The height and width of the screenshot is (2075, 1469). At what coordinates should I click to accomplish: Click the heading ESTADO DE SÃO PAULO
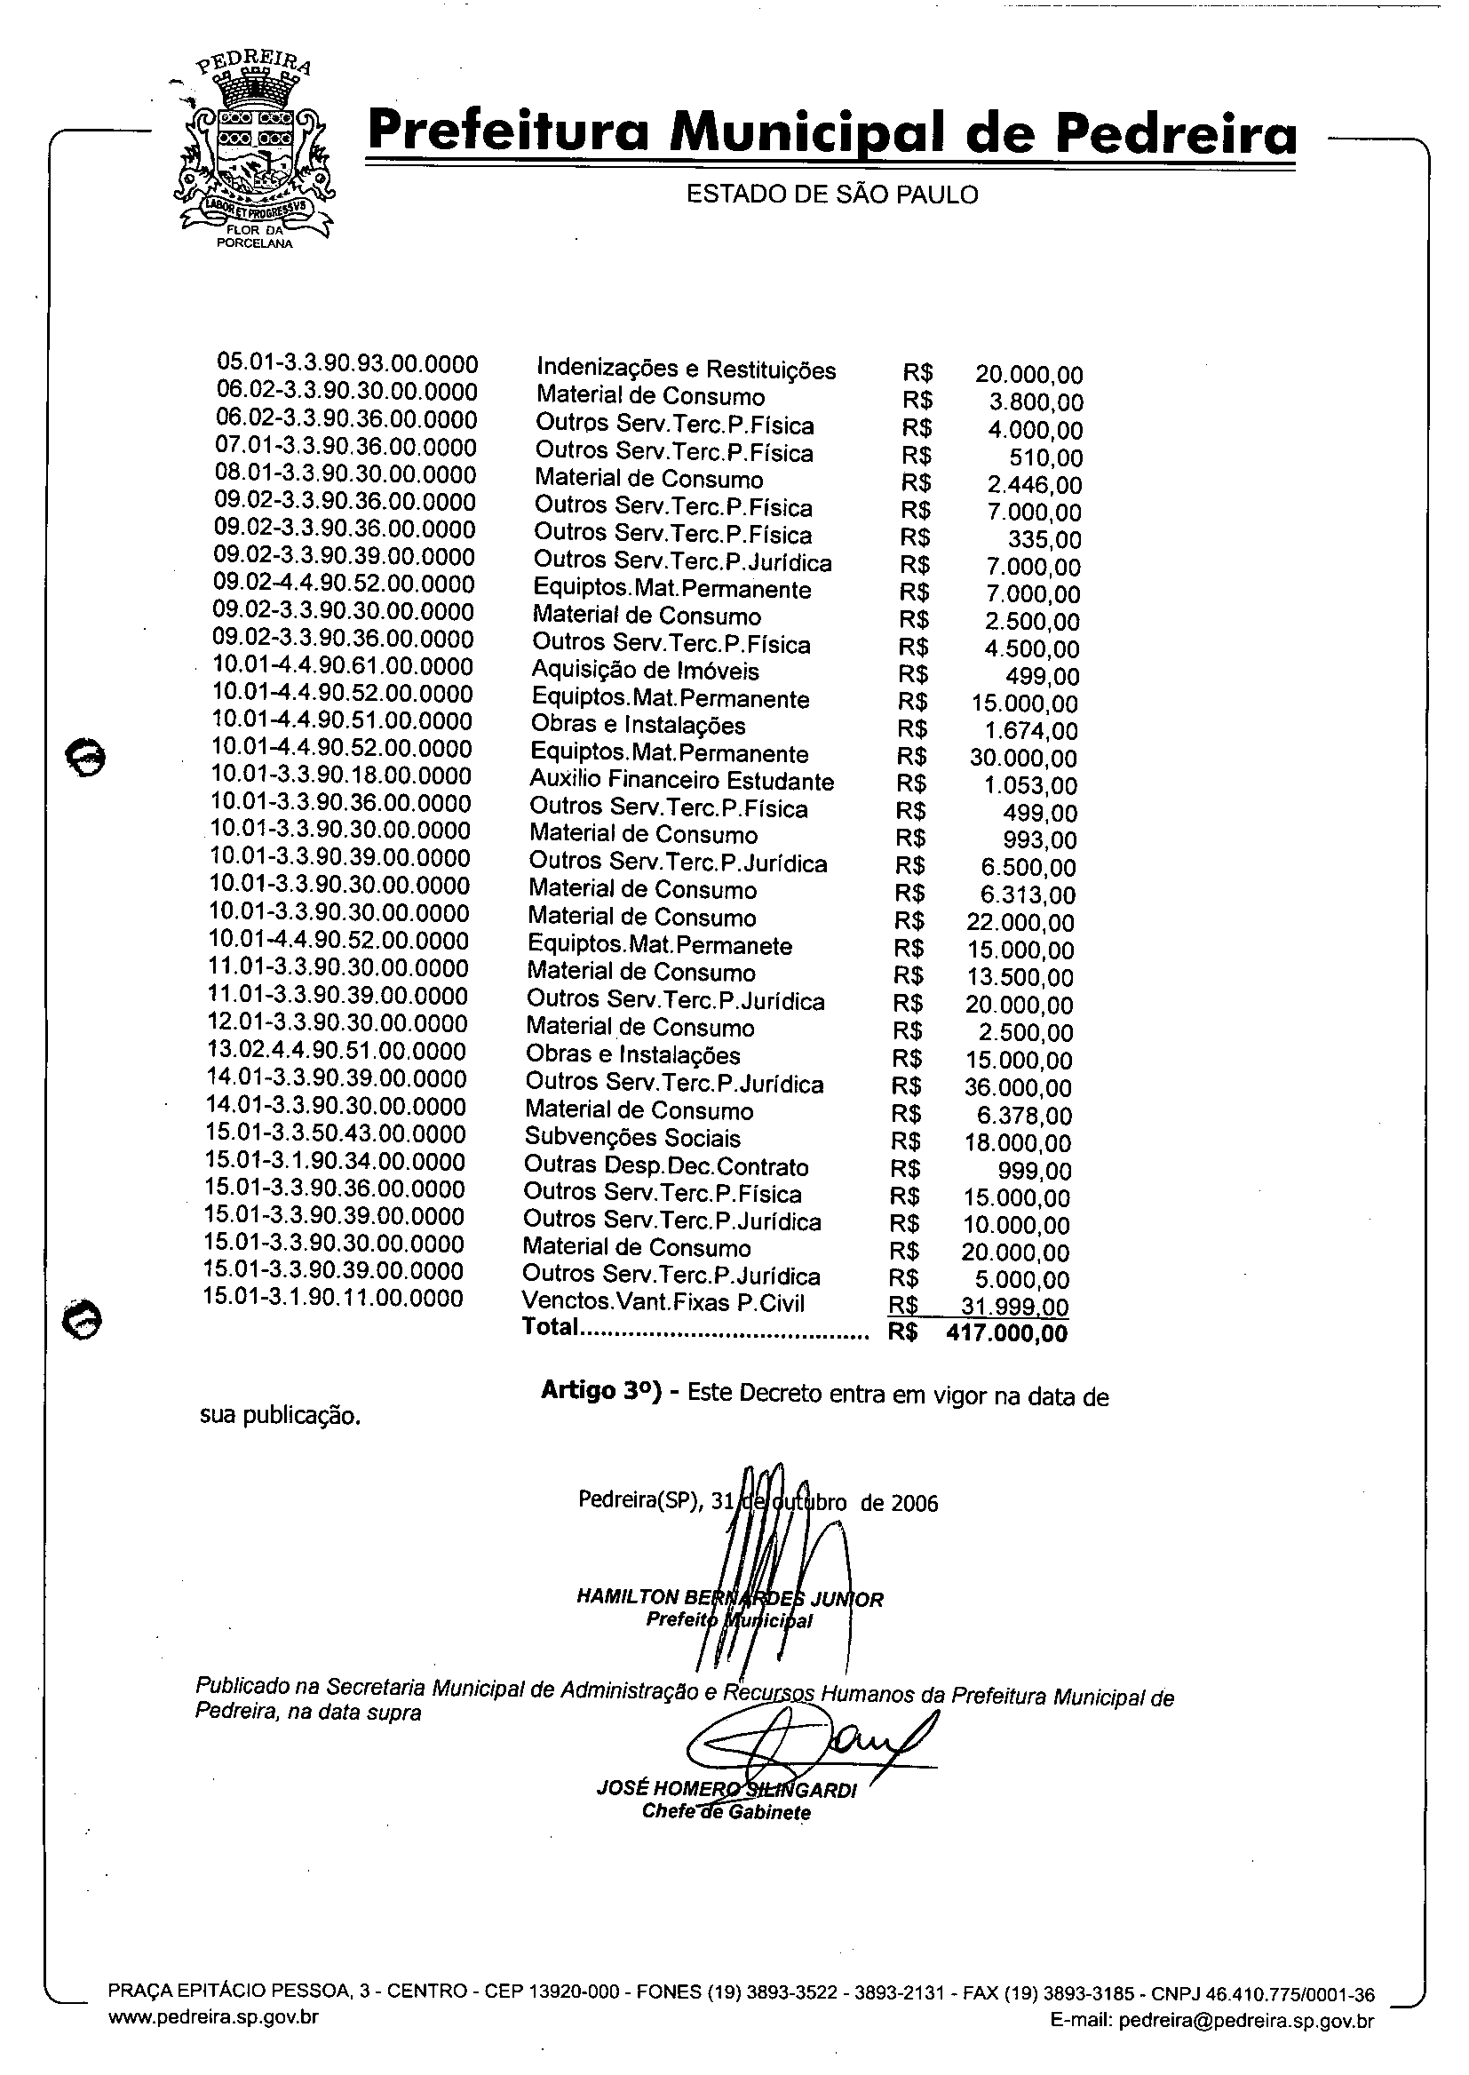[831, 195]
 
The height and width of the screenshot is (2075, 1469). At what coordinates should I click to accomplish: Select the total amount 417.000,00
[1006, 1333]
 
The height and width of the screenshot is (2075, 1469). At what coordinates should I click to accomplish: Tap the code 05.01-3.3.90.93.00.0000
[347, 363]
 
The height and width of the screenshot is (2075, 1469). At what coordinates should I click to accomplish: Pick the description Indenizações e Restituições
[686, 369]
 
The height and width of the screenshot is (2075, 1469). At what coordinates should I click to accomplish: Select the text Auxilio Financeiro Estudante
[681, 781]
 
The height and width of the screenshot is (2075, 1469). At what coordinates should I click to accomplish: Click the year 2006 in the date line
[915, 1503]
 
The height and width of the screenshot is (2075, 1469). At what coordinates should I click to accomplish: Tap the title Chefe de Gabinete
[726, 1812]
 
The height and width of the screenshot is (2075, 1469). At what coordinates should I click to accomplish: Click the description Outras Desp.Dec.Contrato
[666, 1166]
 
